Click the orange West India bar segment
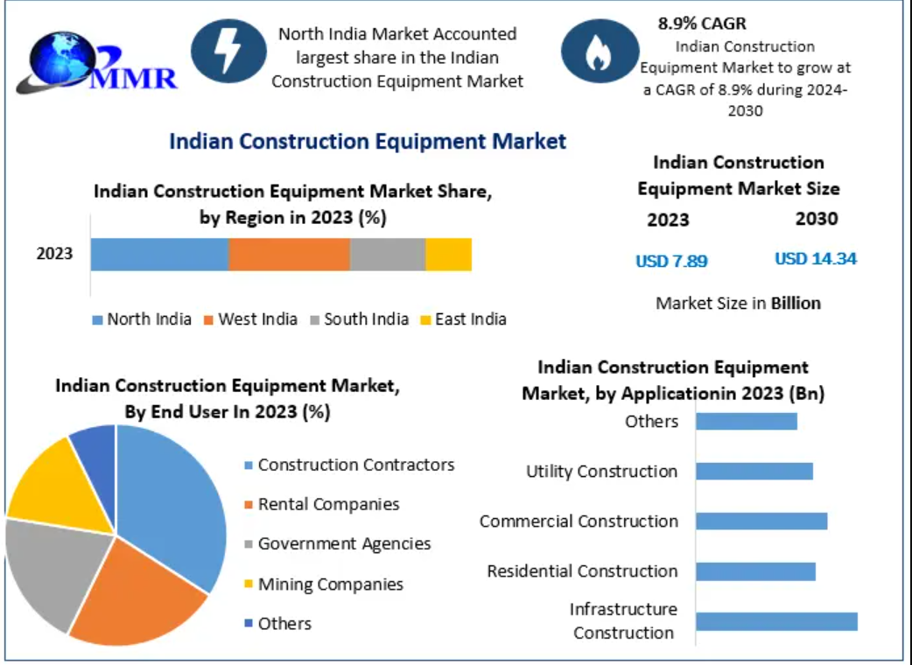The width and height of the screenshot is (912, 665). point(289,255)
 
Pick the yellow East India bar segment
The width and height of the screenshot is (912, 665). point(448,255)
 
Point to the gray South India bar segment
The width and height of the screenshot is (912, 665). point(387,255)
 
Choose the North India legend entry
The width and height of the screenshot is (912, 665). point(142,319)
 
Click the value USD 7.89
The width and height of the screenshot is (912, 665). point(671,260)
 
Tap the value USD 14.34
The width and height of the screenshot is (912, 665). point(815,258)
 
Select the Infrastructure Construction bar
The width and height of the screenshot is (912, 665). point(776,621)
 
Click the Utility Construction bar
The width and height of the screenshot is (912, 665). point(754,471)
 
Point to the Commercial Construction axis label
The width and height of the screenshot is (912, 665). point(579,521)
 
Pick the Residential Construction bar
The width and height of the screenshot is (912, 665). point(755,571)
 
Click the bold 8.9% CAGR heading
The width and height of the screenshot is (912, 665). point(702,24)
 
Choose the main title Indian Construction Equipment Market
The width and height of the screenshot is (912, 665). point(368,141)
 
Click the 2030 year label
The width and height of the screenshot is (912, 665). point(816,219)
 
